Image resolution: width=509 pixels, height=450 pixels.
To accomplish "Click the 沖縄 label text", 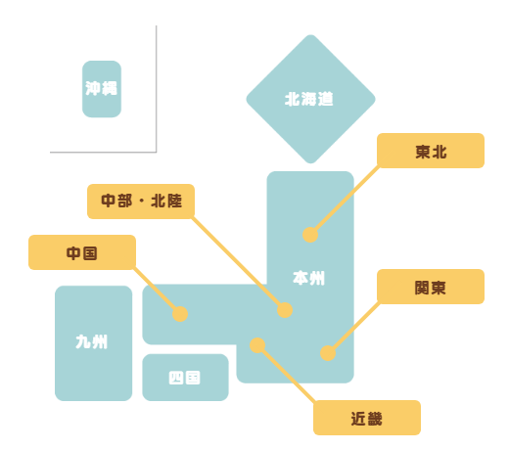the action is point(101,88).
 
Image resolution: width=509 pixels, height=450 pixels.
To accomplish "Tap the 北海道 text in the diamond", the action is point(309,99).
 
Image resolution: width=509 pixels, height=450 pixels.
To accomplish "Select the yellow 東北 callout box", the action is point(431,151).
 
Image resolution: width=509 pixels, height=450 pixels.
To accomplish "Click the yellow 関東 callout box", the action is point(431,287).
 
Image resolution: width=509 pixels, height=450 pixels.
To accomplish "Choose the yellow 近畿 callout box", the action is point(367,418).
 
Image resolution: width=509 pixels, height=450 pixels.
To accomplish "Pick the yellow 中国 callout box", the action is point(82,252).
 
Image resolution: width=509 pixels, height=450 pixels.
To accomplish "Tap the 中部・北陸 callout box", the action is point(141,202).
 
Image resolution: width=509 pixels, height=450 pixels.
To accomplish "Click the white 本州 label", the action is point(308,278).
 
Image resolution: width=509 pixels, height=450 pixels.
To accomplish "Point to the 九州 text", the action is point(91,342).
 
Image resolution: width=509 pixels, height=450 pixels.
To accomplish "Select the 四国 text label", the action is point(184,378).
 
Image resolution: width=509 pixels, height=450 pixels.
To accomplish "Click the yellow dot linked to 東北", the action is point(310,235).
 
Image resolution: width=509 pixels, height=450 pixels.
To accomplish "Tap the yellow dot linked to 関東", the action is point(328,353).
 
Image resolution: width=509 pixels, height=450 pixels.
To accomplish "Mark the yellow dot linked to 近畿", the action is point(257,345).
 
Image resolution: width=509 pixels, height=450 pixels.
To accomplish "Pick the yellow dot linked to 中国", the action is point(180,314).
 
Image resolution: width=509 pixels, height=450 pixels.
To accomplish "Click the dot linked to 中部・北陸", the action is point(285,310).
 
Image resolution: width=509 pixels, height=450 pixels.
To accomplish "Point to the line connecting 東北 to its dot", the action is point(346,200).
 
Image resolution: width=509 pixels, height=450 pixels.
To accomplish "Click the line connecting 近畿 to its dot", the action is point(287,374).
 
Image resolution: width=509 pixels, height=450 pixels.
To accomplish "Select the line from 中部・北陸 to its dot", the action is point(238,263).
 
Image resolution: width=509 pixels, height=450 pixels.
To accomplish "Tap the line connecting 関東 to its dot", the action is point(354,328).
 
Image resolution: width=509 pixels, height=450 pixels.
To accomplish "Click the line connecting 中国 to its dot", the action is point(157,291).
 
